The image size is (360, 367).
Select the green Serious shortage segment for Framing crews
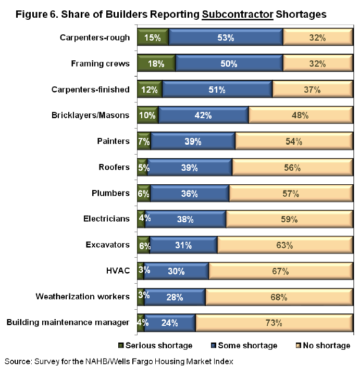pos(156,64)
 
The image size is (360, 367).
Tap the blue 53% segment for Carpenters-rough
pos(226,38)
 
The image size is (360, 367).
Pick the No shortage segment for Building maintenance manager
pos(273,323)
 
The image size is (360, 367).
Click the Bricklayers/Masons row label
pos(91,116)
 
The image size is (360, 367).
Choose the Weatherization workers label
pos(82,297)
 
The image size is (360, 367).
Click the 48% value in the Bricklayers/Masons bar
pos(300,116)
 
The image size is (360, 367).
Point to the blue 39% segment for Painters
pos(192,142)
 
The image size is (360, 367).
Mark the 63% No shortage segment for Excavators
pos(284,245)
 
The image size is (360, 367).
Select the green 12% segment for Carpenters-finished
pos(150,90)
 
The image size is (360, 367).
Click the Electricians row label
pos(107,219)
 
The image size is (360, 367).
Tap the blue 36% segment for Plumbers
pos(189,194)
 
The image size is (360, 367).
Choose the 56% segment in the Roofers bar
pos(292,168)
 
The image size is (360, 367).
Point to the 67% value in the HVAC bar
pos(280,271)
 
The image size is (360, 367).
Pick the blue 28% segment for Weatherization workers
pos(175,297)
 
